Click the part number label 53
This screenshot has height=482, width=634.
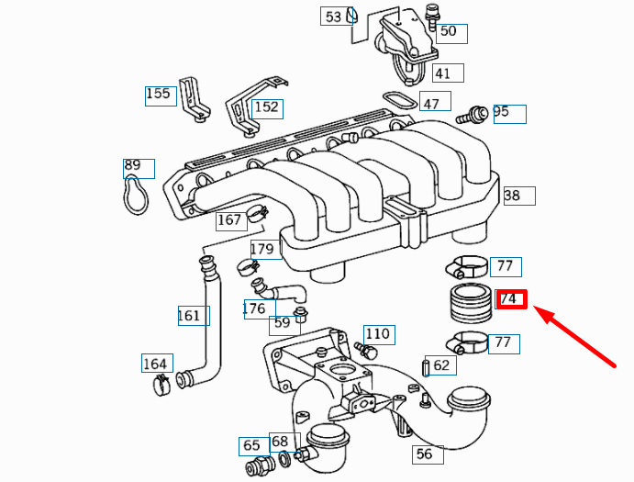[333, 17]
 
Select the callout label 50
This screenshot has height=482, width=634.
[448, 32]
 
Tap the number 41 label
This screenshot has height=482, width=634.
[443, 73]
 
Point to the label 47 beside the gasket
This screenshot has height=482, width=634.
[431, 103]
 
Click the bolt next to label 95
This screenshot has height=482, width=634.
[475, 115]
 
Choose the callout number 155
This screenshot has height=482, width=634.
[159, 94]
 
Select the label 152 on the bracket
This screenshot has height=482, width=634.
[266, 107]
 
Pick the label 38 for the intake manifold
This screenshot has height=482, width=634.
[513, 196]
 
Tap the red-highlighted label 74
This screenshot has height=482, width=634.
[509, 299]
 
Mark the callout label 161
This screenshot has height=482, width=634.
[189, 316]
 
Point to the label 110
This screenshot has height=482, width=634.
[377, 333]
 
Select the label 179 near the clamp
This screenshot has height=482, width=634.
[262, 250]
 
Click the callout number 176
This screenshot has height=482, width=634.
[254, 308]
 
